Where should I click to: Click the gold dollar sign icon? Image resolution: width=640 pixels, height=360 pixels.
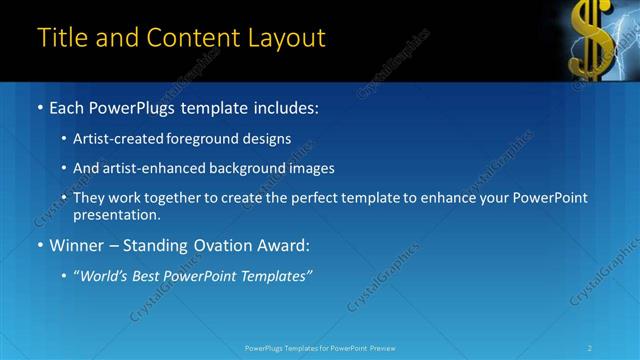point(589,37)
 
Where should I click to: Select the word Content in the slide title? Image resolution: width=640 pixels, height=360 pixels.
point(191,38)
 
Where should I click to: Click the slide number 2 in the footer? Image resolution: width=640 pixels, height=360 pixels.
point(590,347)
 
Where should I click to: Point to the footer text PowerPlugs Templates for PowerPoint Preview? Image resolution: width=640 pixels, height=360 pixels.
point(320,347)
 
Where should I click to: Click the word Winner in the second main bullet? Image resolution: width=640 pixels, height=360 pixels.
point(79,244)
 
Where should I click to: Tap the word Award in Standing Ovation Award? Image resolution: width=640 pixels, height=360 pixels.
point(284,244)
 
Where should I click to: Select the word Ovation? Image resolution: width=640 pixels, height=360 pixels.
point(226,244)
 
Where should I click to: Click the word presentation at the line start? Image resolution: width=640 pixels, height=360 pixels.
point(115,214)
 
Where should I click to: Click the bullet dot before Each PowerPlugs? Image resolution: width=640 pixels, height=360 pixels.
point(39,107)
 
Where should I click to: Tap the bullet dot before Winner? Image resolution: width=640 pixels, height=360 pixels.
point(39,244)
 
